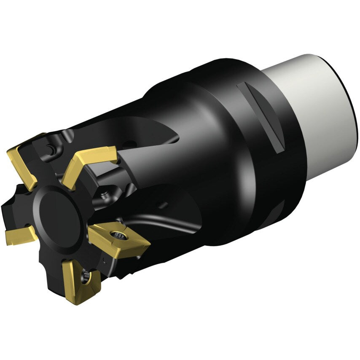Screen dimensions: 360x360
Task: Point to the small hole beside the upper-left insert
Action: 50,148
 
